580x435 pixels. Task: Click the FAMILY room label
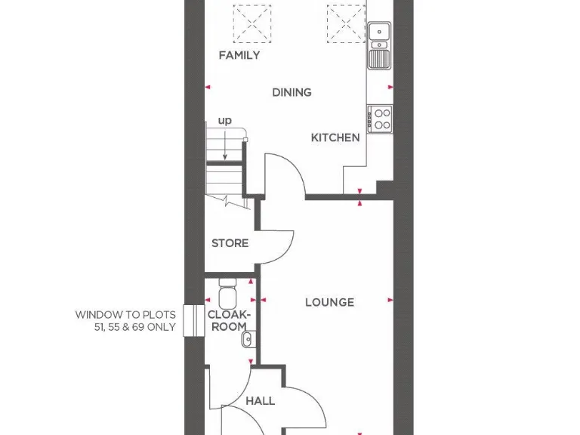tap(239, 55)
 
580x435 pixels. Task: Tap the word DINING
tap(292, 92)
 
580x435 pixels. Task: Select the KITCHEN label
tap(335, 137)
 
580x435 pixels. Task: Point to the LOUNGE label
tap(329, 302)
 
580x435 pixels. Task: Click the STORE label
tap(230, 243)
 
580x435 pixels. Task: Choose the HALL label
tap(261, 401)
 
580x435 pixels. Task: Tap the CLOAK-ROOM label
tap(227, 320)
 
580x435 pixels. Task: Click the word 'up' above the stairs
tap(225, 120)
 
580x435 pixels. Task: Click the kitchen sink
tap(378, 45)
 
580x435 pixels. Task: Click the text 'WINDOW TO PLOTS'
tap(125, 315)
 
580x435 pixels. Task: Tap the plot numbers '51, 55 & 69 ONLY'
tap(125, 327)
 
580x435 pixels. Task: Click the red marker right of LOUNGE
tap(390, 300)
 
